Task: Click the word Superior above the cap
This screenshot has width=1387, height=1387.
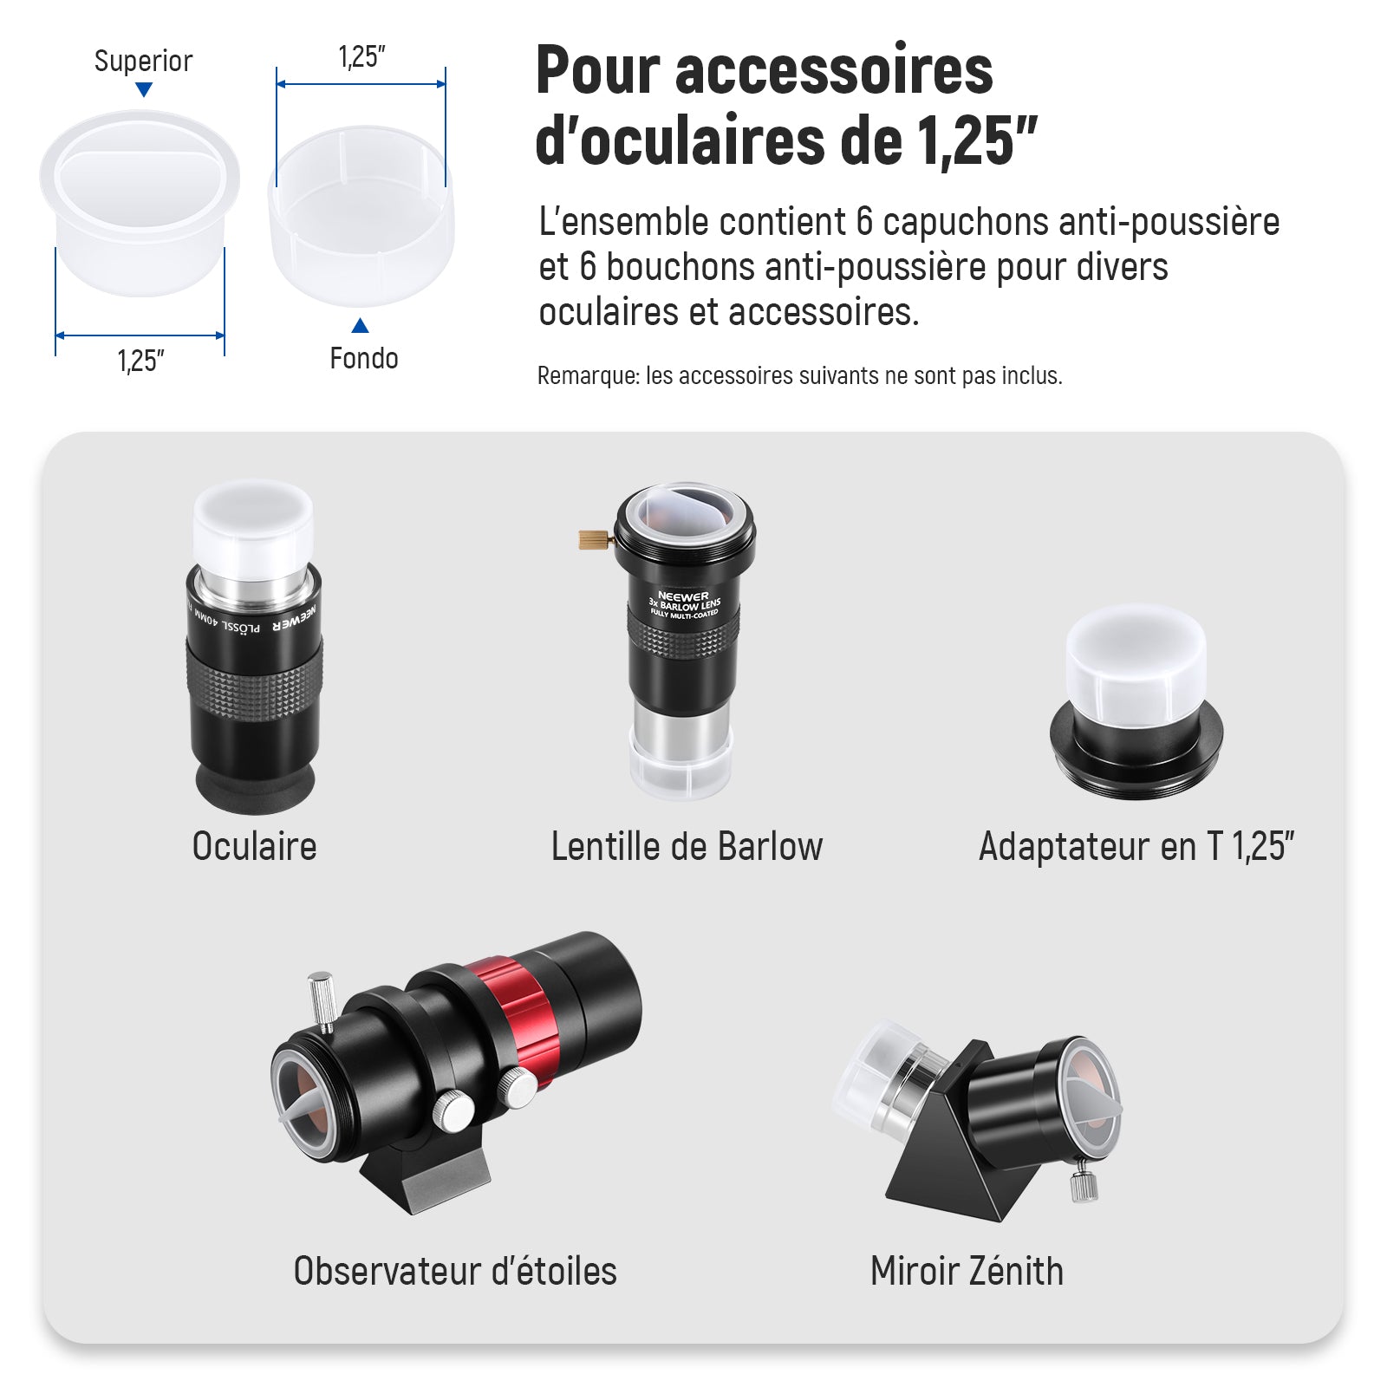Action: (x=143, y=61)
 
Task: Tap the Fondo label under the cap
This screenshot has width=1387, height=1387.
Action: (x=364, y=358)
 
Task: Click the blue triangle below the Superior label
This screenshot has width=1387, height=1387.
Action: (x=145, y=89)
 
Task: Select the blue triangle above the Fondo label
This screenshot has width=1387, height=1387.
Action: (x=361, y=325)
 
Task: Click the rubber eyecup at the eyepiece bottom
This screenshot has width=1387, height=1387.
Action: (x=255, y=787)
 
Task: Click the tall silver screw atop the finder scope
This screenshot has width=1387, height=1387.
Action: (x=321, y=1002)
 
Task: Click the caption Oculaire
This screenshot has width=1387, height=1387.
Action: (x=254, y=847)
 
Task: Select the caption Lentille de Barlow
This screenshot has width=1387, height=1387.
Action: (x=687, y=847)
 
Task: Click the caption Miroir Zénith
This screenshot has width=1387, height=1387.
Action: (x=967, y=1271)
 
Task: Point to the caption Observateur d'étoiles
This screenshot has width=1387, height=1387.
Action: (x=455, y=1271)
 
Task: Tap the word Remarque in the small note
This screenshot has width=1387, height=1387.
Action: (x=588, y=376)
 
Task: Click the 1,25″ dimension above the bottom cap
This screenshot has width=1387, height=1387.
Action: (x=361, y=57)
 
